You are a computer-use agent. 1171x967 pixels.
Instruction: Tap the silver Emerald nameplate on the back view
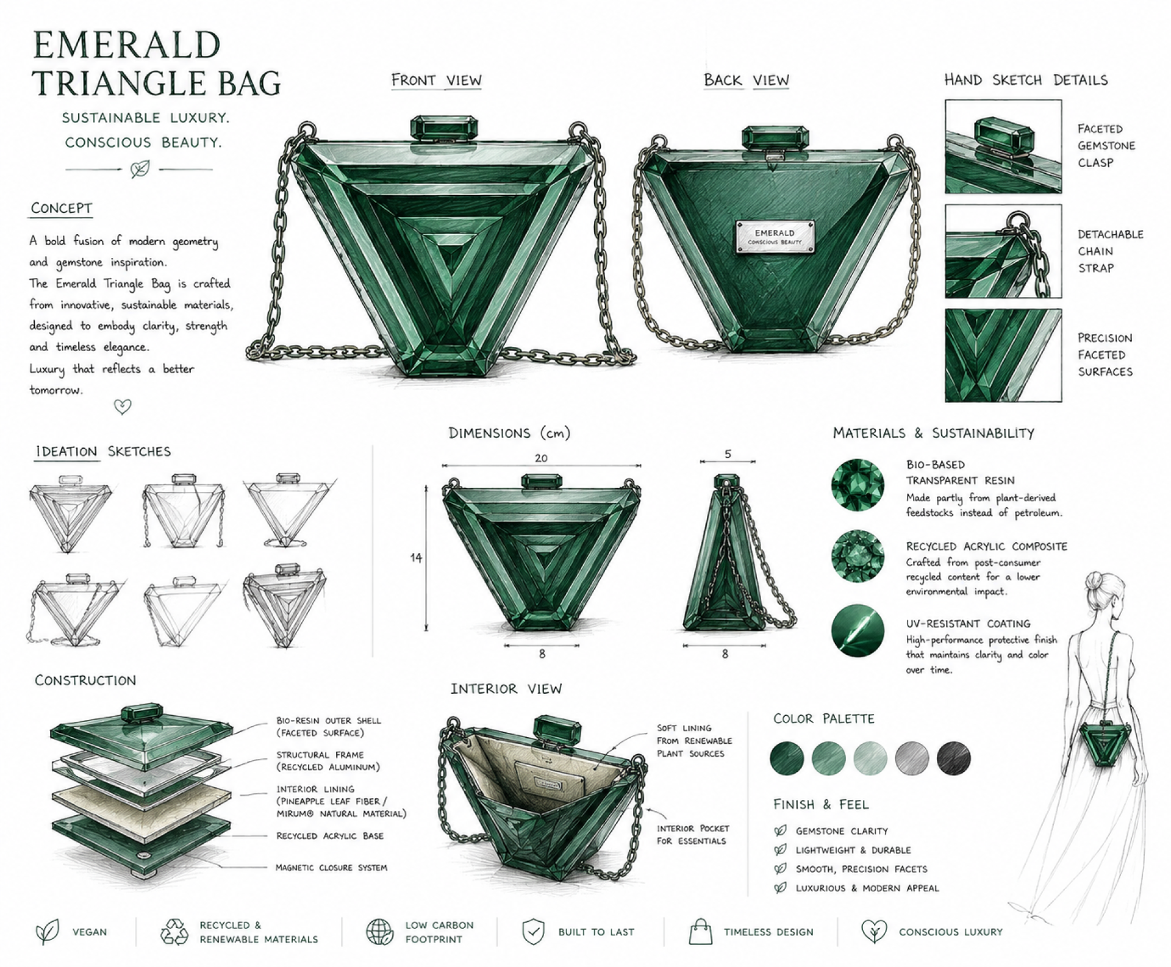[x=775, y=237]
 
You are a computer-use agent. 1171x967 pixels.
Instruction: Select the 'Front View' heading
[x=436, y=80]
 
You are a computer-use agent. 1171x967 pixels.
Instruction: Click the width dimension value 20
[x=541, y=458]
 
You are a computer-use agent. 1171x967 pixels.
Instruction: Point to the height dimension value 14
[x=416, y=557]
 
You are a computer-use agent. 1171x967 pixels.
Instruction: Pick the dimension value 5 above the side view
[x=728, y=454]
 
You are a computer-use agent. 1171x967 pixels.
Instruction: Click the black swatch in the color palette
[x=953, y=758]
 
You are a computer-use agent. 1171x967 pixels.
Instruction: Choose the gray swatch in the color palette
[x=912, y=758]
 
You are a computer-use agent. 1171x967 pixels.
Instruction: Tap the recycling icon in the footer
[x=174, y=932]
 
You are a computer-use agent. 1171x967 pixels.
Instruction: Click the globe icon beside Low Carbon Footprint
[x=379, y=932]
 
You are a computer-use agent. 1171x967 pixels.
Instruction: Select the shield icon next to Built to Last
[x=533, y=932]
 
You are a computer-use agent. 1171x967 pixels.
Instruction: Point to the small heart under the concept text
[x=123, y=407]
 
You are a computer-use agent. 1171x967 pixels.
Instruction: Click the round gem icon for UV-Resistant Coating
[x=858, y=630]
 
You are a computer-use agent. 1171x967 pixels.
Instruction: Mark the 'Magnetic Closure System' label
[x=331, y=868]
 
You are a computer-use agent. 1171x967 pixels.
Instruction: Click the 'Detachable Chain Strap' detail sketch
[x=1003, y=251]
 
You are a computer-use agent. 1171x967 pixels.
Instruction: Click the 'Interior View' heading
[x=506, y=689]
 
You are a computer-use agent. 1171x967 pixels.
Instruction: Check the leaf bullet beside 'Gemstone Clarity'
[x=780, y=830]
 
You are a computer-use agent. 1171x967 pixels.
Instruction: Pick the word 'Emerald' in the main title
[x=126, y=45]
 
